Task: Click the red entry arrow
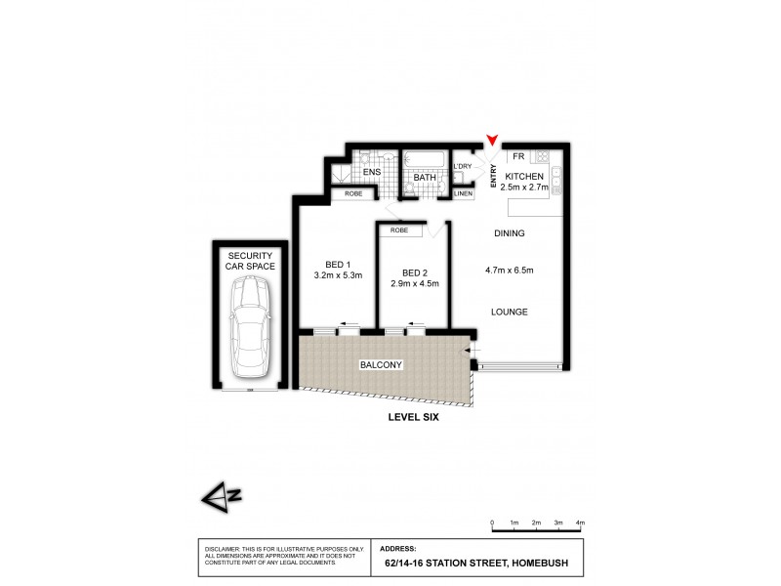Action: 494,144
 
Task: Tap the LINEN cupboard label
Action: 465,194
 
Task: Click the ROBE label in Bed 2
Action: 399,230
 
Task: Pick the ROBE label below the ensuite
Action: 352,194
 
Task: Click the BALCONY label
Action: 387,364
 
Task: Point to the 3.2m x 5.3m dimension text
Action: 339,275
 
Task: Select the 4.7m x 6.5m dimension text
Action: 510,270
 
